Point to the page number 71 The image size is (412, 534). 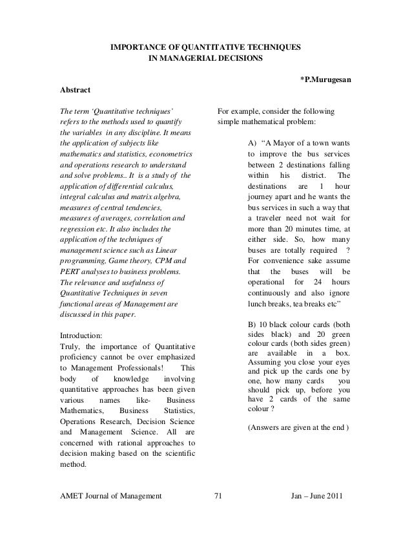click(x=217, y=496)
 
